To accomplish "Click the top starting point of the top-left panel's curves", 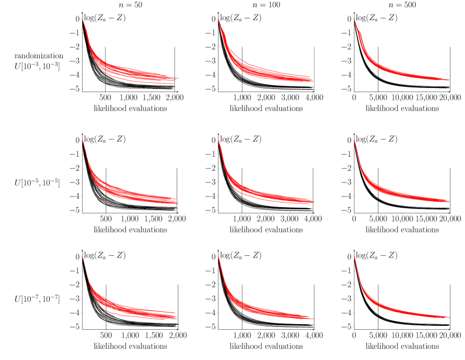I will tap(83, 20).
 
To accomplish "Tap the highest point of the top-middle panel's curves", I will tap(218, 20).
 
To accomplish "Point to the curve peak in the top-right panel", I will tap(354, 20).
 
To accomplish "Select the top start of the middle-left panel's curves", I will tap(83, 141).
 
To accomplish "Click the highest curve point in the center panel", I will tap(218, 141).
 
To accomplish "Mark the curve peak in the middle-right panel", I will tap(354, 141).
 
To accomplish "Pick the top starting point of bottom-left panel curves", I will tap(83, 257).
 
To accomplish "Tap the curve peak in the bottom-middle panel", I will tap(218, 257).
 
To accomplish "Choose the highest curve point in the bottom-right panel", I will tap(354, 257).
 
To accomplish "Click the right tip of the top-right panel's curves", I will tap(449, 80).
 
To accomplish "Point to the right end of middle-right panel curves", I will tap(449, 201).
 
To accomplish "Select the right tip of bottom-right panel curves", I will tap(449, 317).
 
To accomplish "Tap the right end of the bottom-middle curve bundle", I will tap(314, 317).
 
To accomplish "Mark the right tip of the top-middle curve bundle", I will tap(313, 81).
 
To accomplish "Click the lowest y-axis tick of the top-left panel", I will tap(82, 89).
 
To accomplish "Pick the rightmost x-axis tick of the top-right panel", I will tap(450, 92).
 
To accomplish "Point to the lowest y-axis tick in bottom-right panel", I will tap(354, 326).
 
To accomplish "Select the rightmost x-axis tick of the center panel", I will tap(313, 213).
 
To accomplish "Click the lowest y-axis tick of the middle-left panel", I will tap(82, 210).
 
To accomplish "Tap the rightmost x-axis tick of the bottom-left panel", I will tap(178, 330).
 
